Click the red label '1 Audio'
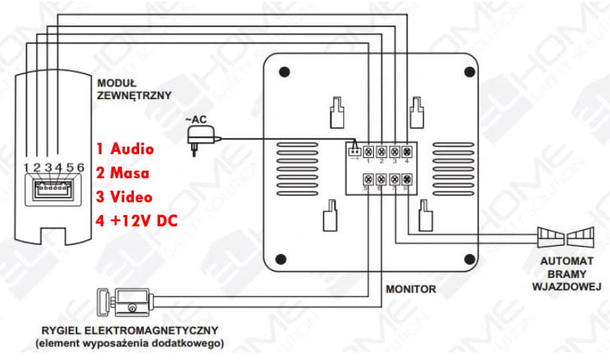pos(125,149)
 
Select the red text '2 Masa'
pos(123,173)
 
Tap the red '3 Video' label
pos(124,197)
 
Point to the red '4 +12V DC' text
pos(138,221)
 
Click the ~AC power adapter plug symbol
pos(200,138)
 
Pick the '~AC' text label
pos(195,120)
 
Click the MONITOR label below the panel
pos(411,288)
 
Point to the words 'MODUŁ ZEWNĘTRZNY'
pos(133,89)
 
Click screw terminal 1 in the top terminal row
pos(369,150)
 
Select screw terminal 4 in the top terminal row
pos(407,150)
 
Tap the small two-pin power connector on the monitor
pos(354,149)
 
